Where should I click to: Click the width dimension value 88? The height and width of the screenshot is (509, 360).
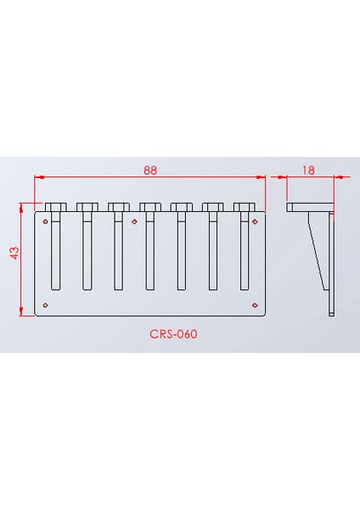(x=150, y=170)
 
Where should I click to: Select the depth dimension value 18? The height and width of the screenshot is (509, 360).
(x=308, y=170)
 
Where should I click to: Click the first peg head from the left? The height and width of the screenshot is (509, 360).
(x=55, y=206)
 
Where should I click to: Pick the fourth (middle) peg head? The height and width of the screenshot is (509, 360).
(x=149, y=206)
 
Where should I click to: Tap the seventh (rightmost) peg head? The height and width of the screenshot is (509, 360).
(x=244, y=206)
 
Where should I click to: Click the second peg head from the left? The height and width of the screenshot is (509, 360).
(x=87, y=206)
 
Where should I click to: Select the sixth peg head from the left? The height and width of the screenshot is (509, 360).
(x=212, y=206)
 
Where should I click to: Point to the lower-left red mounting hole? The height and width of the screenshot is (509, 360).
(x=46, y=304)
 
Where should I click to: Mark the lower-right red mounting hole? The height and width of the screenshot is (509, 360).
(x=254, y=304)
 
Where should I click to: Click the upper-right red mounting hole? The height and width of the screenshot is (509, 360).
(x=255, y=221)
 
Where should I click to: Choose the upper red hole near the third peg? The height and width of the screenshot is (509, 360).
(x=134, y=221)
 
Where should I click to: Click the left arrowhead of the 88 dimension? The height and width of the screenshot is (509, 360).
(x=38, y=177)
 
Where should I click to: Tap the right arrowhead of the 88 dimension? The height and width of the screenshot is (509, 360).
(x=262, y=177)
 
